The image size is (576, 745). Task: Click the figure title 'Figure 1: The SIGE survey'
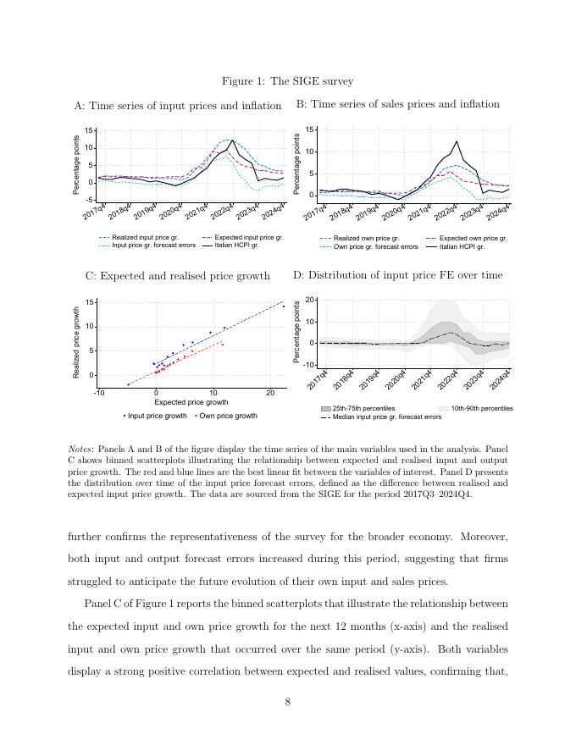tap(287, 81)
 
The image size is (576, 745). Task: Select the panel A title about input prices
tap(178, 106)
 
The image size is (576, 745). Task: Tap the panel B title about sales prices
tap(397, 104)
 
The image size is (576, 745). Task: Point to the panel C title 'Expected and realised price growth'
tap(178, 276)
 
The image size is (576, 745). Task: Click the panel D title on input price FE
tap(397, 275)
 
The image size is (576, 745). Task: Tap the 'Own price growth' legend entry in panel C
tap(228, 416)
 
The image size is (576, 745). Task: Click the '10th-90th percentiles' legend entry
tap(481, 409)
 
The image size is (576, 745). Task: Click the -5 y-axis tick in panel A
tap(90, 200)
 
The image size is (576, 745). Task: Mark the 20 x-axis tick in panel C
tap(270, 393)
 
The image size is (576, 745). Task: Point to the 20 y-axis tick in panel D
tap(310, 300)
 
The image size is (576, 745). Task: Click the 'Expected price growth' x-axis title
tap(191, 403)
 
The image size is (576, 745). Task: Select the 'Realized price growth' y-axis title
tap(78, 342)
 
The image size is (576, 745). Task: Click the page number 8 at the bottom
tap(288, 702)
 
